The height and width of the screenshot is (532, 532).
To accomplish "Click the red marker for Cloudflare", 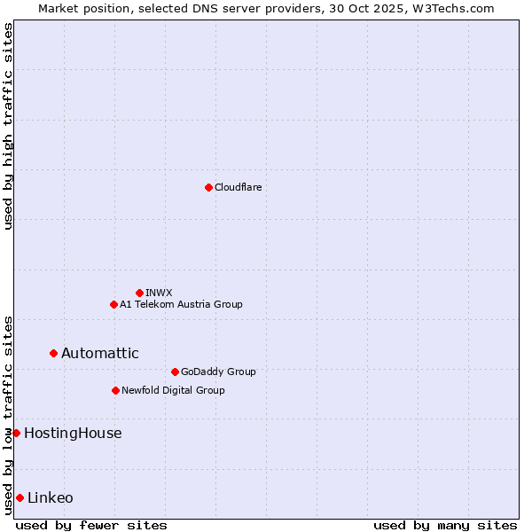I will coord(208,187).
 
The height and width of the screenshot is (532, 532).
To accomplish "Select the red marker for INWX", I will coord(139,293).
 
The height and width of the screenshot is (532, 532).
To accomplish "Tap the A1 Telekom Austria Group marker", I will coord(113,304).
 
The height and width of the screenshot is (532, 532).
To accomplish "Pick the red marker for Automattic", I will coord(53,353).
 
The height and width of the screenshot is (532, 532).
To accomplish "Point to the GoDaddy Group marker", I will coord(175,372).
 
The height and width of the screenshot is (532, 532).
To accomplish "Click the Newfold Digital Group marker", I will coord(115,390).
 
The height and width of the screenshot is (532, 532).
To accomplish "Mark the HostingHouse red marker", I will coord(16,433).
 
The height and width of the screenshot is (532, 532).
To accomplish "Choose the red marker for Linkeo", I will coord(20,497).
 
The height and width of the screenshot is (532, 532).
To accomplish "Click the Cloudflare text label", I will coord(238,187).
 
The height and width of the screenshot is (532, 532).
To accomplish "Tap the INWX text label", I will coord(159,293).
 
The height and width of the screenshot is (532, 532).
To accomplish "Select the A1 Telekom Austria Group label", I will coord(181,304).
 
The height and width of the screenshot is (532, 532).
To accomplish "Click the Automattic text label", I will coord(99,353).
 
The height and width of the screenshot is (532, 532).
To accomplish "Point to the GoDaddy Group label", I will coord(218,372).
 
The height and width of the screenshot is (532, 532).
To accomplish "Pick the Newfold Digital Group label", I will coord(173,390).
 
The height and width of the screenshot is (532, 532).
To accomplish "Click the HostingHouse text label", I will coord(73,433).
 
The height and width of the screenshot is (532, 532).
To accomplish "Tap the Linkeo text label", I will coord(51,497).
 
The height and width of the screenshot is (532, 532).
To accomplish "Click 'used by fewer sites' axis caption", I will coord(91,525).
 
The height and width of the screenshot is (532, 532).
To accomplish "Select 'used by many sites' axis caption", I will coord(445,525).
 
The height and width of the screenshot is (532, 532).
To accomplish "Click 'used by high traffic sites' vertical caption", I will coord(8,126).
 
